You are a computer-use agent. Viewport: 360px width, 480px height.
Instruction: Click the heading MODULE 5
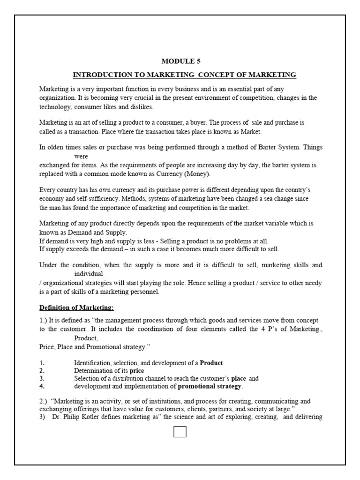point(180,61)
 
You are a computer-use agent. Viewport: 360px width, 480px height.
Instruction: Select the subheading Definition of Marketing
point(76,307)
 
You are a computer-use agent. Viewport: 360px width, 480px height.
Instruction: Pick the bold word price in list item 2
point(137,370)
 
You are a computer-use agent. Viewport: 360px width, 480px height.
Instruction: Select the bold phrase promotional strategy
point(210,386)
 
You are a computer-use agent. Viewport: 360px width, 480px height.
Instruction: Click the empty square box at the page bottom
point(180,431)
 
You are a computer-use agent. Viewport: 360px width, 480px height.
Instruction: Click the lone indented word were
point(81,157)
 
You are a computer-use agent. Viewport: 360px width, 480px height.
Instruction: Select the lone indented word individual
point(89,274)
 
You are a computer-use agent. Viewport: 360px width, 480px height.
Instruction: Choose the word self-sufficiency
point(85,198)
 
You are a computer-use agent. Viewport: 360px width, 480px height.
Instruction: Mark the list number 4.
point(42,386)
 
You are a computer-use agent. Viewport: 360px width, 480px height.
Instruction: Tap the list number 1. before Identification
point(42,363)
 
